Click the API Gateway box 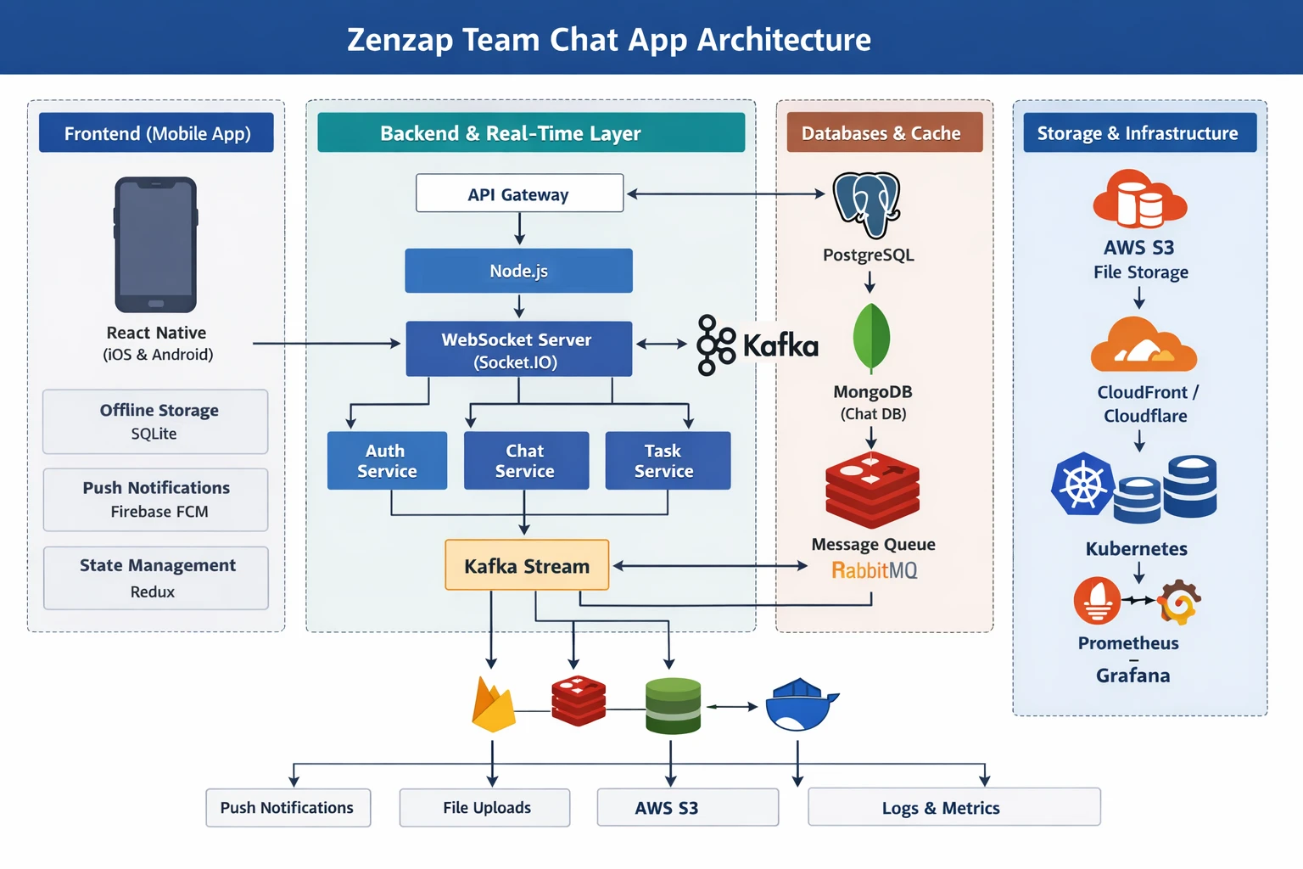pos(519,193)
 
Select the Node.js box pos(518,271)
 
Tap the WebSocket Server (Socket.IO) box pos(518,349)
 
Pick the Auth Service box pos(387,461)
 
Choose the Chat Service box pos(526,461)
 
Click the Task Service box pos(668,461)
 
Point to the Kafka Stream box pos(527,565)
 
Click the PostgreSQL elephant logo pos(866,205)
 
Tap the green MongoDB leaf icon pos(871,338)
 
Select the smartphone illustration pos(156,245)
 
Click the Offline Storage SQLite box pos(156,422)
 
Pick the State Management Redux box pos(156,578)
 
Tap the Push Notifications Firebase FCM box pos(156,500)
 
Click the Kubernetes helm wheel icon pos(1082,485)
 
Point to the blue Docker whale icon pos(800,705)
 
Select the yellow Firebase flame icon pos(493,706)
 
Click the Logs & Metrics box pos(954,807)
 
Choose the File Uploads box pos(485,808)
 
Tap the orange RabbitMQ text pos(874,570)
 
